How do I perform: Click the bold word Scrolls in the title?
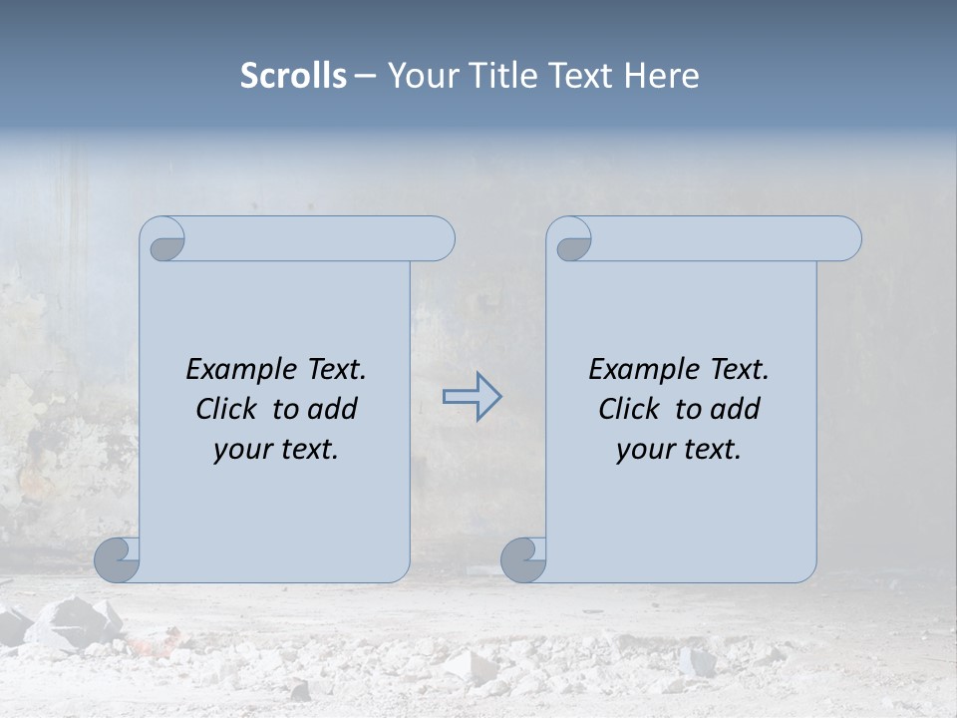[x=293, y=76]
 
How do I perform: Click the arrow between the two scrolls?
[x=472, y=397]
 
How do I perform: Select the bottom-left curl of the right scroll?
[x=523, y=560]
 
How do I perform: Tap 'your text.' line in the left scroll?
[x=276, y=449]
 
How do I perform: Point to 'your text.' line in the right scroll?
[x=679, y=449]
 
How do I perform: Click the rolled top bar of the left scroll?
[x=319, y=238]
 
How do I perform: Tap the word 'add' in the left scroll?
[x=332, y=409]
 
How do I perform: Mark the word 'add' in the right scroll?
[x=735, y=409]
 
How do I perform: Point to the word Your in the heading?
[x=417, y=76]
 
